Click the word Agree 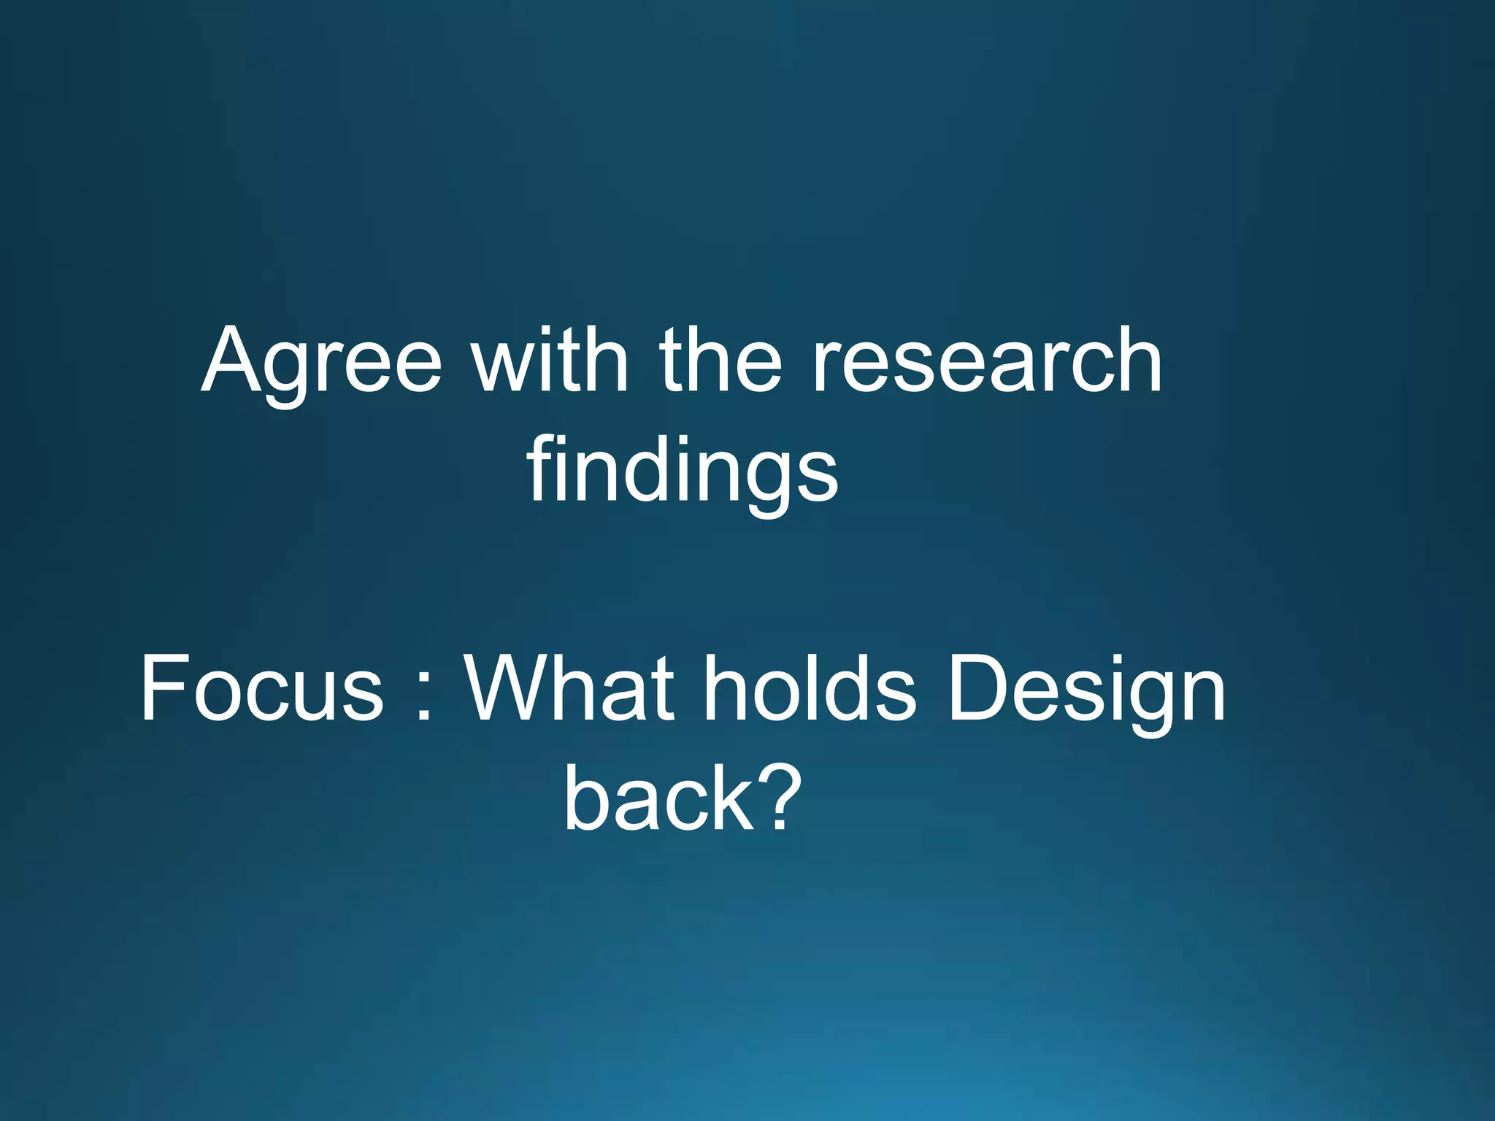coord(321,363)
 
